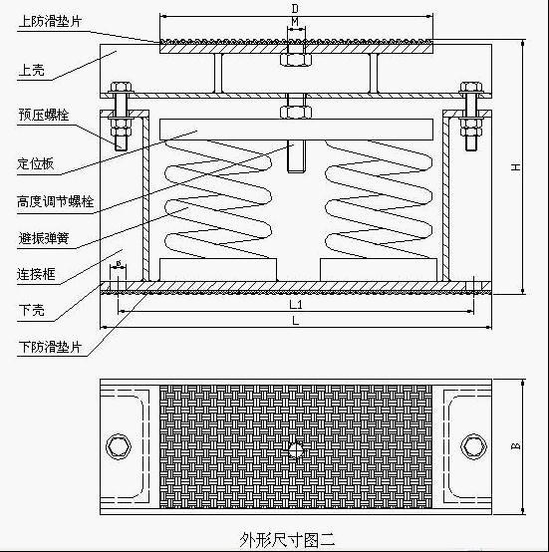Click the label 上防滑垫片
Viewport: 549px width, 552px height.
(x=50, y=21)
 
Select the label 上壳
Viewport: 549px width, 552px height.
(x=32, y=70)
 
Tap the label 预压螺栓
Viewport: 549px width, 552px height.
(x=44, y=115)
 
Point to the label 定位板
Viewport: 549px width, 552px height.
(x=36, y=163)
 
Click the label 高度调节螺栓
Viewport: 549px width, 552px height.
(x=56, y=201)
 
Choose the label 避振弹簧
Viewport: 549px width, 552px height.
(x=43, y=238)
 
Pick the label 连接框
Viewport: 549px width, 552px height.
(x=36, y=274)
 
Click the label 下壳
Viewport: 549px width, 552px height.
(x=32, y=310)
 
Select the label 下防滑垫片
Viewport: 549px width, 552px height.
(x=50, y=347)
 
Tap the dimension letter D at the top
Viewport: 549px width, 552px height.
(x=295, y=8)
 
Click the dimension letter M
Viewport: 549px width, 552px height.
(x=295, y=22)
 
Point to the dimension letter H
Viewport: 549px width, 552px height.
(x=515, y=166)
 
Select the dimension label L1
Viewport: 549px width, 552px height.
(x=296, y=304)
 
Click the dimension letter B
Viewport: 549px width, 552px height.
(x=515, y=446)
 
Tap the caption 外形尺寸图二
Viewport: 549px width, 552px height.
(x=287, y=539)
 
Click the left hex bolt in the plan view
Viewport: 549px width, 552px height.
(x=119, y=446)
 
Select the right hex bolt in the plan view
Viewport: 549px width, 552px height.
(x=473, y=446)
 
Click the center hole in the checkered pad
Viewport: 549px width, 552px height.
(x=296, y=449)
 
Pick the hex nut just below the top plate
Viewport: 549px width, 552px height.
(x=296, y=60)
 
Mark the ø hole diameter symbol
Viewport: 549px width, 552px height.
(x=119, y=263)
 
